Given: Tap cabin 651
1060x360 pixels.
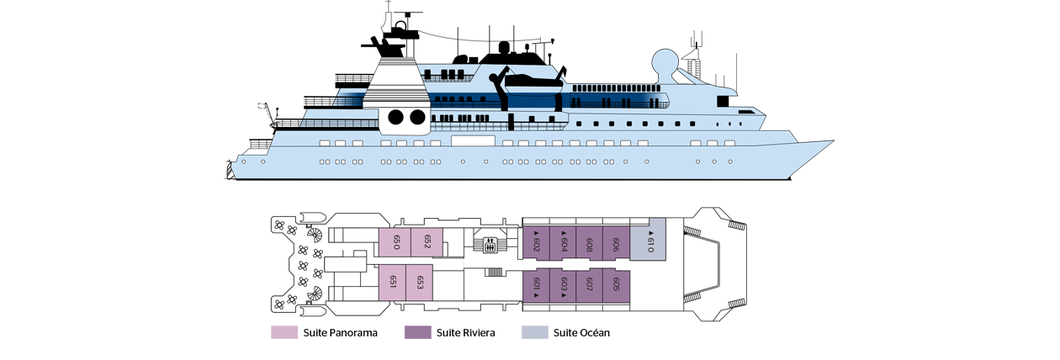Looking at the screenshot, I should click(x=392, y=282).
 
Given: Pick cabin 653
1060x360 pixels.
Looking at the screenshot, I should click(x=419, y=282).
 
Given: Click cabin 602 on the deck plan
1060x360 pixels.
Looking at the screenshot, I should click(x=536, y=243).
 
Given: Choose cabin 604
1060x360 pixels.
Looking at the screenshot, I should click(x=563, y=243).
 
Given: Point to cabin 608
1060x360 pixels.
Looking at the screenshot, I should click(x=589, y=243).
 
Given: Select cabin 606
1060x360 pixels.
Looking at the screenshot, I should click(x=616, y=243).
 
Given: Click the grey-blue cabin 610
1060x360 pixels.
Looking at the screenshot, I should click(x=649, y=241).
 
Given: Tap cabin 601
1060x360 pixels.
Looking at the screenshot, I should click(x=536, y=284).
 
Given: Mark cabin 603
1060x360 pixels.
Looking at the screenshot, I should click(x=563, y=284).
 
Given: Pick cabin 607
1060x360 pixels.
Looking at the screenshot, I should click(x=589, y=284).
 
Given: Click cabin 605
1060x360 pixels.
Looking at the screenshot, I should click(x=616, y=284).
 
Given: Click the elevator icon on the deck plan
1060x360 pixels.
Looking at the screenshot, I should click(x=490, y=245).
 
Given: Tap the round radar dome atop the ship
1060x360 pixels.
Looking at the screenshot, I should click(x=665, y=63).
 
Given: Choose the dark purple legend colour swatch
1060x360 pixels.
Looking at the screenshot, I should click(x=413, y=328).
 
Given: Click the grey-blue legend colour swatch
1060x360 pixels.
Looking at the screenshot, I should click(x=531, y=328).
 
